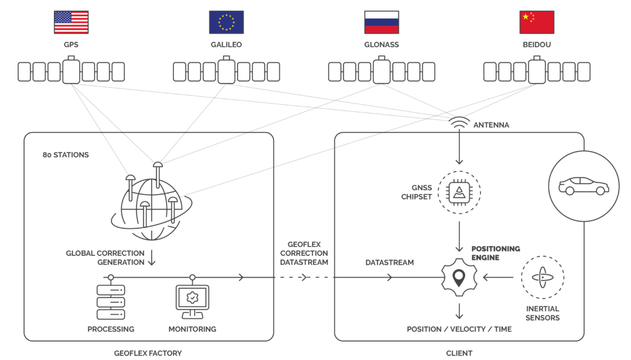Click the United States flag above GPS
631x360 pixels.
coord(71,22)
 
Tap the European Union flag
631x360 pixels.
coord(226,22)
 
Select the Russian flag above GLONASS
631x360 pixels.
coord(381,22)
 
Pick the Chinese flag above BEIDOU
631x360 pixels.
coord(536,22)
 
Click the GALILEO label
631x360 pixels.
coord(226,45)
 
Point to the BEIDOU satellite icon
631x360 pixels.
coord(536,71)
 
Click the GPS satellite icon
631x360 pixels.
coord(71,71)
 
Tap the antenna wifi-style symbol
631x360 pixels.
coord(459,124)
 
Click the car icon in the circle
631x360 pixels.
coord(583,185)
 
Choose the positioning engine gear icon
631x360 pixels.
coord(459,276)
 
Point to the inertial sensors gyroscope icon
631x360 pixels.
coord(542,277)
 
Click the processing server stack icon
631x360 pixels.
coord(111,303)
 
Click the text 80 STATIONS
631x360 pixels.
coord(65,155)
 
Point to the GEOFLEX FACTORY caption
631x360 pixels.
coord(148,353)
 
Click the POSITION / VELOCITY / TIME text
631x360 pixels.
coord(459,329)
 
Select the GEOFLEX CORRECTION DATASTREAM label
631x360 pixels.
coord(304,253)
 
